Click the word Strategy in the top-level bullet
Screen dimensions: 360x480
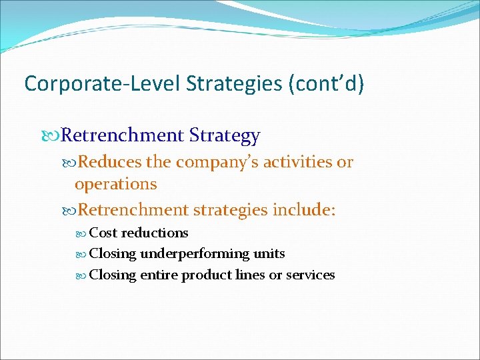pyautogui.click(x=225, y=135)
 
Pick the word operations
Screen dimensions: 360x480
pyautogui.click(x=115, y=183)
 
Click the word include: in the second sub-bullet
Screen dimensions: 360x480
pyautogui.click(x=304, y=210)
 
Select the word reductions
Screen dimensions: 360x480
pyautogui.click(x=155, y=233)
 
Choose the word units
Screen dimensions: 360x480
pyautogui.click(x=269, y=253)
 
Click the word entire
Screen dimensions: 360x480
pyautogui.click(x=159, y=275)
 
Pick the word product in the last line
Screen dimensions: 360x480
pyautogui.click(x=205, y=275)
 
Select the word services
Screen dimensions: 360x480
pyautogui.click(x=310, y=275)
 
